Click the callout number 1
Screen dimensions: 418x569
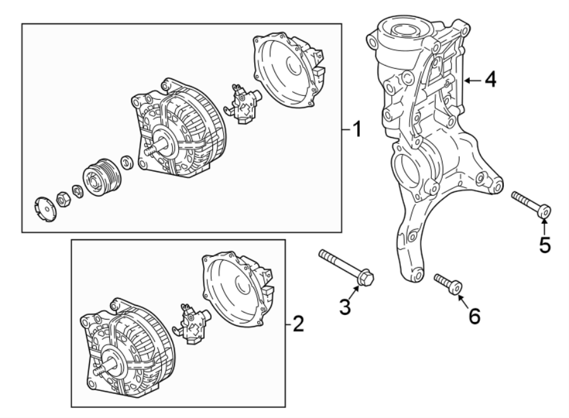(357, 129)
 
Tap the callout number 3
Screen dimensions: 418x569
(345, 307)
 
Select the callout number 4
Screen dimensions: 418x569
(489, 80)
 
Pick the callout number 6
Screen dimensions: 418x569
(473, 314)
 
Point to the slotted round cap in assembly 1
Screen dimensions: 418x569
(43, 205)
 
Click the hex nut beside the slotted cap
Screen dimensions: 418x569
(64, 199)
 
